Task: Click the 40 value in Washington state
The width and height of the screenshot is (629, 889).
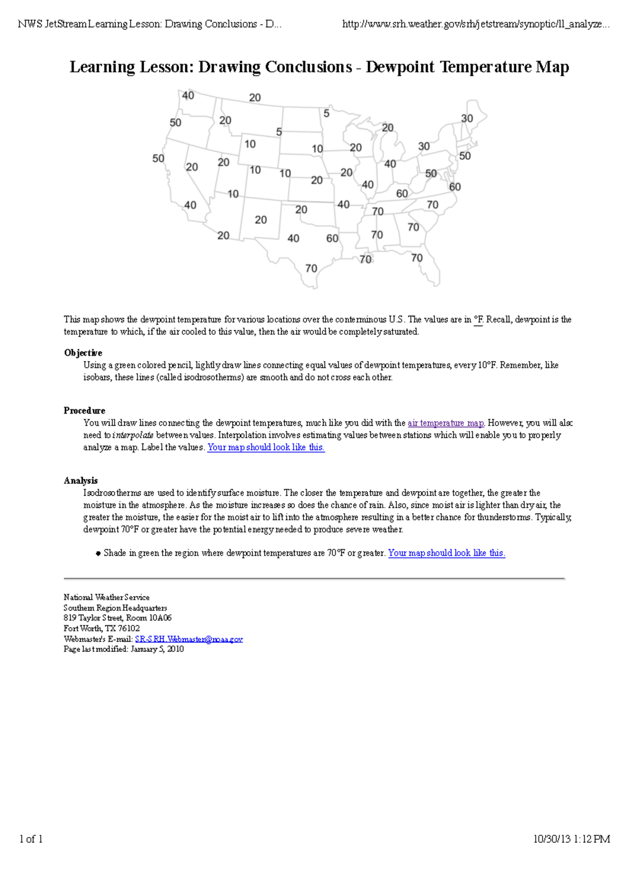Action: pyautogui.click(x=188, y=95)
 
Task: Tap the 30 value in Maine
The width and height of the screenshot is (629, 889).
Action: pyautogui.click(x=467, y=118)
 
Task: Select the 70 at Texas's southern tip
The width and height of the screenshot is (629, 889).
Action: pyautogui.click(x=311, y=269)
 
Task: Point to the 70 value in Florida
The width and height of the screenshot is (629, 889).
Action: pyautogui.click(x=417, y=258)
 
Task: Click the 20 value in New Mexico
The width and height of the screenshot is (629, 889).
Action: pyautogui.click(x=261, y=220)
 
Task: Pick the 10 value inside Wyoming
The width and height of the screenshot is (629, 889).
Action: pyautogui.click(x=250, y=144)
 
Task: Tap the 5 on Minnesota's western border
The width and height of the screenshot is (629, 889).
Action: pyautogui.click(x=326, y=113)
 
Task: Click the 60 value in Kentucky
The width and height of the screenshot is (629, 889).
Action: pyautogui.click(x=402, y=194)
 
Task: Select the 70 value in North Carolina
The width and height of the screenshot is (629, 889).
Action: pyautogui.click(x=432, y=205)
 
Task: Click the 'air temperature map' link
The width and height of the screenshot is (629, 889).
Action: pyautogui.click(x=446, y=423)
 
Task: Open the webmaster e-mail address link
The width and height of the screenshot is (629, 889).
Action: pyautogui.click(x=189, y=639)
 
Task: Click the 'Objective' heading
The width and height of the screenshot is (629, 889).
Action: pyautogui.click(x=83, y=353)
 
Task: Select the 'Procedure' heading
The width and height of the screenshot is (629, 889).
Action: pyautogui.click(x=84, y=410)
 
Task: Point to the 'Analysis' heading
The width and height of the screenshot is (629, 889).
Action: pyautogui.click(x=81, y=481)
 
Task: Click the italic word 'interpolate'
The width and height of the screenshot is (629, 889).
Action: pyautogui.click(x=133, y=435)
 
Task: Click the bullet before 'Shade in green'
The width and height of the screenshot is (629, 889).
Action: pyautogui.click(x=98, y=553)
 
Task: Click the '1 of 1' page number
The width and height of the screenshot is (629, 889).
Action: pyautogui.click(x=31, y=839)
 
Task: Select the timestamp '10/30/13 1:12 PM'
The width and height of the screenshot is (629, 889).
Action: pyautogui.click(x=571, y=839)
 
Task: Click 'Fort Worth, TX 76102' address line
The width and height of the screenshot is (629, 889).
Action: pyautogui.click(x=102, y=628)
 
